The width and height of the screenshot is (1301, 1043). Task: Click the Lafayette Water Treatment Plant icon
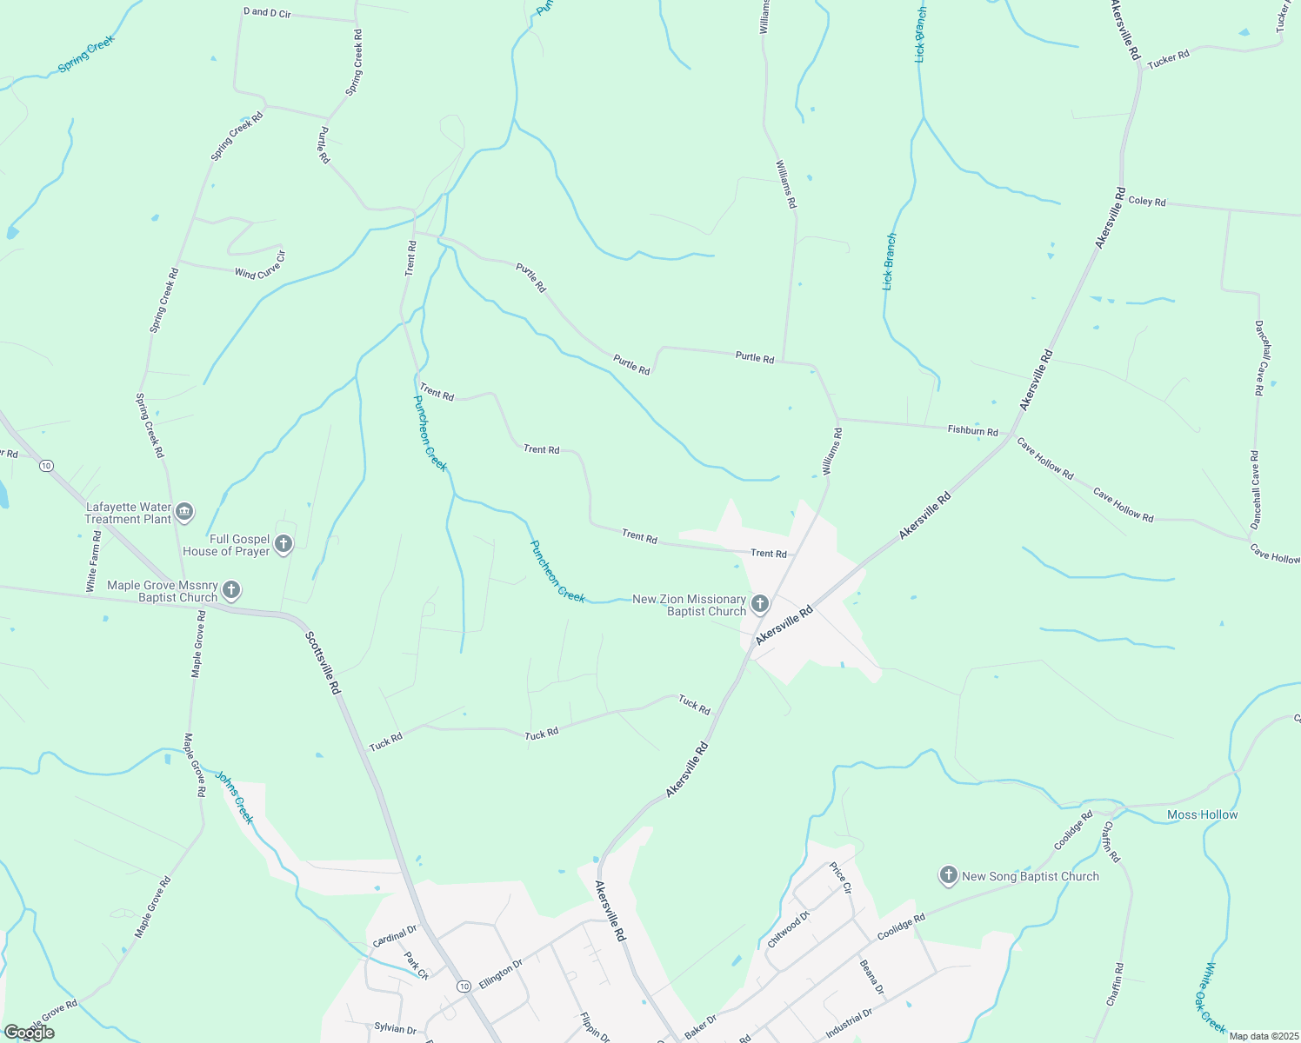[x=183, y=512]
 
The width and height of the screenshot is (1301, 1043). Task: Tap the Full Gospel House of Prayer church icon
[x=283, y=545]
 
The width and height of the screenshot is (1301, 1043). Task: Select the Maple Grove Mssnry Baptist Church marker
[x=230, y=591]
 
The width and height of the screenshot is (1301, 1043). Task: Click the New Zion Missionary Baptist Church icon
[x=759, y=604]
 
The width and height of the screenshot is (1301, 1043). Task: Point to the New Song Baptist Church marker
[x=948, y=875]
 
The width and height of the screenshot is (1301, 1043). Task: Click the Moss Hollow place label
[x=1202, y=814]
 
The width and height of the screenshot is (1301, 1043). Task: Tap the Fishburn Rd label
[x=972, y=430]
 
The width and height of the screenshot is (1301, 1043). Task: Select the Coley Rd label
[x=1146, y=201]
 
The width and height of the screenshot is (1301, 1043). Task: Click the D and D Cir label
[x=267, y=13]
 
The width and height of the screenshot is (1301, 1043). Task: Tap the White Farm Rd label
[x=93, y=562]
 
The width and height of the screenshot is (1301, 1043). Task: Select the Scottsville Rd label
[x=322, y=661]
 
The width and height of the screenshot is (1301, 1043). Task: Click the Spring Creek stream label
[x=86, y=54]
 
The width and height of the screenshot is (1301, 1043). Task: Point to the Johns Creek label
[x=234, y=798]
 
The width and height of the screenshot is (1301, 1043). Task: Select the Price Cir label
[x=840, y=878]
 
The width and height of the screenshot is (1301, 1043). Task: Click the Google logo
[x=29, y=1032]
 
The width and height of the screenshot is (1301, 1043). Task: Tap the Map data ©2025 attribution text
[x=1263, y=1036]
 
